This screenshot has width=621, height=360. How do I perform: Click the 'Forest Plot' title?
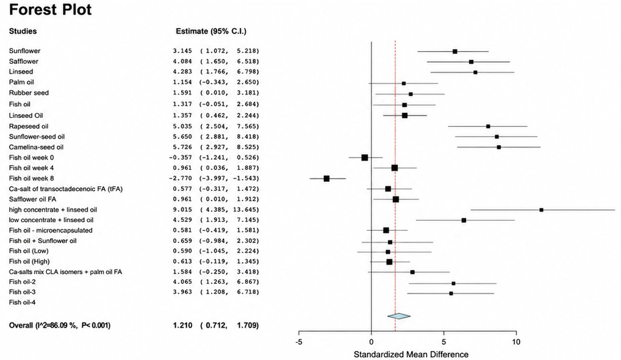(x=50, y=10)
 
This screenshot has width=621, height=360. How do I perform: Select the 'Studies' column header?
(x=23, y=31)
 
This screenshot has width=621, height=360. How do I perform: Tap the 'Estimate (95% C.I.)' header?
(x=211, y=31)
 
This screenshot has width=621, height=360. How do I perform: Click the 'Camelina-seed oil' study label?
(x=36, y=147)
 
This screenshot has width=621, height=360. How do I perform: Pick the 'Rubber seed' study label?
(x=29, y=93)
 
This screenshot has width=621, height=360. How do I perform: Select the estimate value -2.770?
(x=181, y=178)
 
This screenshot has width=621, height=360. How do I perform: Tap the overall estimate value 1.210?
(x=182, y=326)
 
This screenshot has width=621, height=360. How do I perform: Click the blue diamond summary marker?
(x=399, y=316)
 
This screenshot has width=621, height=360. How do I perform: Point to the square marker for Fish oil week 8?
(x=326, y=179)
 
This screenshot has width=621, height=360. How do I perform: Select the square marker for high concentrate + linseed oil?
(x=541, y=210)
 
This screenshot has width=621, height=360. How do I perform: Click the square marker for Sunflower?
(x=455, y=51)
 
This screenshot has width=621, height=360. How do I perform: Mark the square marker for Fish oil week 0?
(x=365, y=158)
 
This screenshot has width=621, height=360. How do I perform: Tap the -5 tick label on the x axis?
(x=299, y=342)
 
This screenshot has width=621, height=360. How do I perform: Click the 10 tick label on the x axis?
(x=516, y=342)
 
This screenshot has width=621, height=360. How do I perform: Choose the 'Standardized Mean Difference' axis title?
(x=411, y=354)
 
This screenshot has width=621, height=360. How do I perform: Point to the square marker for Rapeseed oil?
(x=488, y=126)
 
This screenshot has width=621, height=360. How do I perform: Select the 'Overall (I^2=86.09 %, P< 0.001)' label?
(x=60, y=326)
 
